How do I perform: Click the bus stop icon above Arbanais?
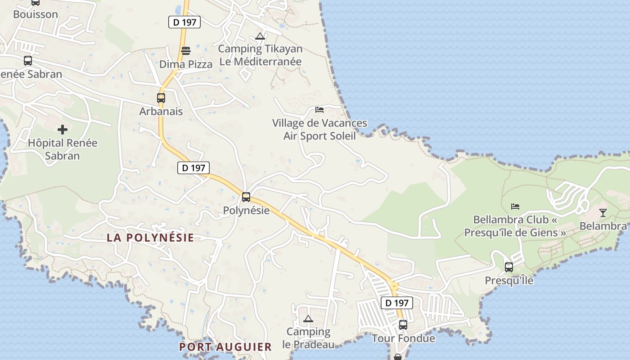[161, 98]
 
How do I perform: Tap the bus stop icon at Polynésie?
[246, 197]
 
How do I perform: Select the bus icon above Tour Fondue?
[403, 324]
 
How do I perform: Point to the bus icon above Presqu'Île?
[509, 267]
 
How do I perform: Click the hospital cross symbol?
[63, 130]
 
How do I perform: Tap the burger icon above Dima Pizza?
[185, 50]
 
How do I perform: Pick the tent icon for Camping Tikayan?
[260, 36]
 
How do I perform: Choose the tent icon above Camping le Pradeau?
[308, 319]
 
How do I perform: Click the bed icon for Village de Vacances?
[319, 110]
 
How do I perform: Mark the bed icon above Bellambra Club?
[515, 207]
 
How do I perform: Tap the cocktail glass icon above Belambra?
[603, 212]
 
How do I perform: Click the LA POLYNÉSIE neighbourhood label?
[150, 238]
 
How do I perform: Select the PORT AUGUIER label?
[225, 347]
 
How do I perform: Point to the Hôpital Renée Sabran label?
[63, 149]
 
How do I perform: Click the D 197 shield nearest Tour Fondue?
[397, 303]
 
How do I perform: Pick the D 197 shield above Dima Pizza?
[184, 22]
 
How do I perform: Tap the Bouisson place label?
[36, 14]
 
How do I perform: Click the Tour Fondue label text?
[403, 338]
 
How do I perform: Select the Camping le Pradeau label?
[309, 338]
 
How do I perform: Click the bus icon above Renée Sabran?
[28, 60]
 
